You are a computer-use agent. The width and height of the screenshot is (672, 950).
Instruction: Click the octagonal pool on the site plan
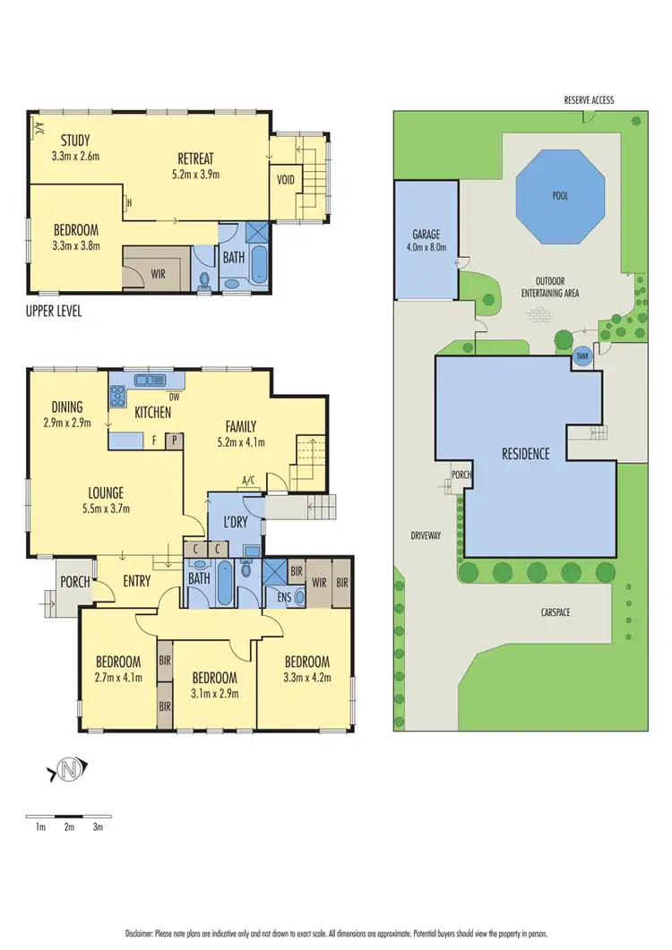(x=560, y=196)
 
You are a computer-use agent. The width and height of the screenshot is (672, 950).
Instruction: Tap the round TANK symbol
(x=582, y=355)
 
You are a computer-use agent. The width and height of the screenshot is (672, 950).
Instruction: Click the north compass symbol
(x=69, y=768)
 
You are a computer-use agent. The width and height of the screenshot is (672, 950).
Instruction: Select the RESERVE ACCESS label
(x=589, y=100)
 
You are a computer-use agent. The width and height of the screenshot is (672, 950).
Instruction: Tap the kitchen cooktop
(x=117, y=393)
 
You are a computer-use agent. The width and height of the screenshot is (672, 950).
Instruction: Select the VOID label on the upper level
(x=286, y=180)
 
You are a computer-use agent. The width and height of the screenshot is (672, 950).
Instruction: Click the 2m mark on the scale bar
(x=69, y=827)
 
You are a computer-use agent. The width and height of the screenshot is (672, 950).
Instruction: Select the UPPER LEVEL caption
(x=56, y=312)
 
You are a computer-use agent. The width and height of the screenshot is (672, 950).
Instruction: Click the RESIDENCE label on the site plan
(x=525, y=454)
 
